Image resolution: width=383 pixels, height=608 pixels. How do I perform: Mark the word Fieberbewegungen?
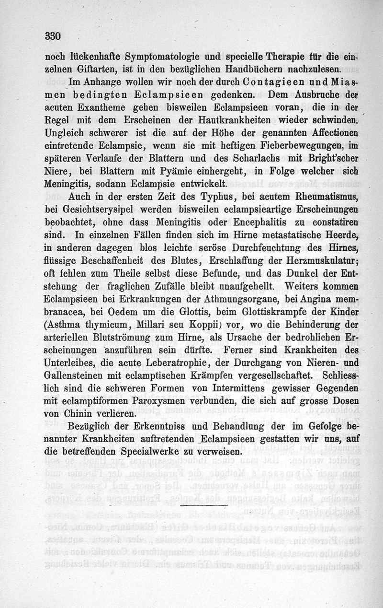click(x=298, y=145)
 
